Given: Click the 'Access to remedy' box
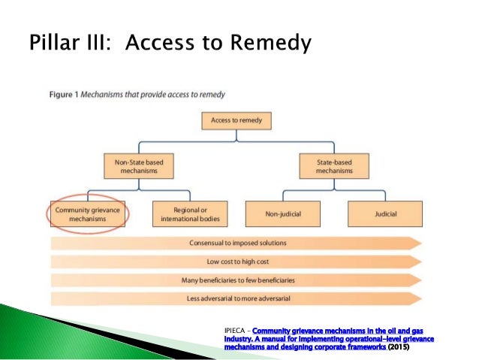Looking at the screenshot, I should (236, 120).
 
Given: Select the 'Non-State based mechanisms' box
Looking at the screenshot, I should (135, 166).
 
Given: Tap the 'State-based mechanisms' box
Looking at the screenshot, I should (333, 166).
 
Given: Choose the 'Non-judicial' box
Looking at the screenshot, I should (284, 214).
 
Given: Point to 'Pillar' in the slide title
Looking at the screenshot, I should (55, 43).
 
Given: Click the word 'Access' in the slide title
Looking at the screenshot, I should (159, 43).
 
